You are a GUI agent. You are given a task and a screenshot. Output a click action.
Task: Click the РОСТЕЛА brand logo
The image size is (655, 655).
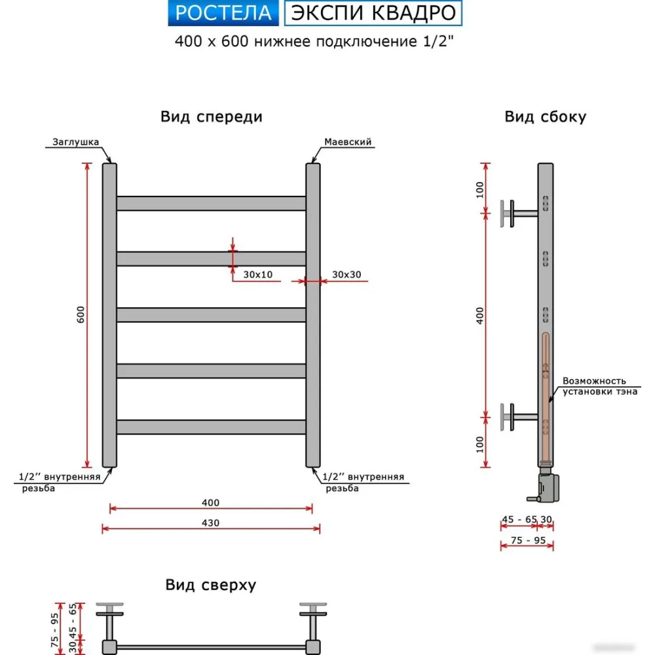(224, 12)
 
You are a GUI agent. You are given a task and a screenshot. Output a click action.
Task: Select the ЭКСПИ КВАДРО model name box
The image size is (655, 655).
(373, 12)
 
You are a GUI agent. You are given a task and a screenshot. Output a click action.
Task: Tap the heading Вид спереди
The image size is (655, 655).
(211, 117)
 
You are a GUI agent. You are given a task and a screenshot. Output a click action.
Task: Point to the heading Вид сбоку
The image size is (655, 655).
(545, 117)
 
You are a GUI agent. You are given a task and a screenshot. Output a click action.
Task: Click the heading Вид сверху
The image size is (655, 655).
(210, 585)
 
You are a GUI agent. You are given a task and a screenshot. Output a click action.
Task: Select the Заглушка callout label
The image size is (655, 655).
(75, 141)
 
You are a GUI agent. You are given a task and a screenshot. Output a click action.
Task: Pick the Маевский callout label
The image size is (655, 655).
(348, 141)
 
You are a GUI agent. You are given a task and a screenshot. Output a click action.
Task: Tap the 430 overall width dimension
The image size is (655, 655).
(210, 523)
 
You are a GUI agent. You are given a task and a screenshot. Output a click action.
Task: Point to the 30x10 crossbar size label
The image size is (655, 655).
(257, 274)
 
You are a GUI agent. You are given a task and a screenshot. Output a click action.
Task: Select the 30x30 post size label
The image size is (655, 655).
(346, 274)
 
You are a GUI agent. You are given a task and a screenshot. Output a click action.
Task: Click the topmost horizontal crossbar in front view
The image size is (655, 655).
(211, 203)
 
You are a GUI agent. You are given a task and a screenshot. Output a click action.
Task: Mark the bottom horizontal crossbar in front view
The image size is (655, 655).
(211, 427)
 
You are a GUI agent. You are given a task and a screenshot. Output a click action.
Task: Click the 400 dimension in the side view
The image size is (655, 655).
(479, 316)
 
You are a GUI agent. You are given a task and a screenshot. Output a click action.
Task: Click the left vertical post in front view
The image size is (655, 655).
(109, 315)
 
